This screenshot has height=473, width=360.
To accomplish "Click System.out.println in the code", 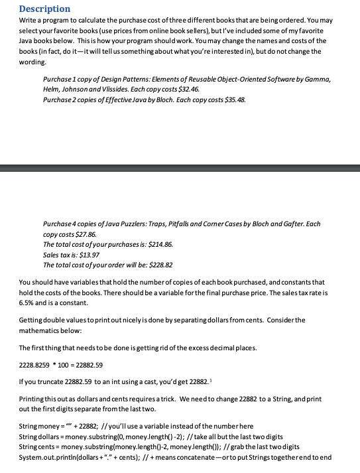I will [48, 457].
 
